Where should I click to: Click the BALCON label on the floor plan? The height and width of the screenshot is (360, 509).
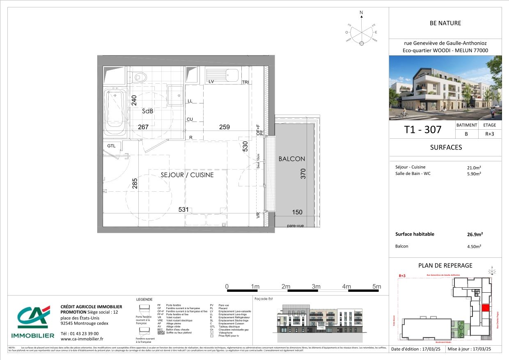pyautogui.click(x=291, y=159)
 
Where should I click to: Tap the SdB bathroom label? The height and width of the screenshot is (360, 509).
pyautogui.click(x=148, y=111)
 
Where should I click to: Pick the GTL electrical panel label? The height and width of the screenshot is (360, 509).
pyautogui.click(x=111, y=146)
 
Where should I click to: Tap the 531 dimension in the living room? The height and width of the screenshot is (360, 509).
pyautogui.click(x=183, y=210)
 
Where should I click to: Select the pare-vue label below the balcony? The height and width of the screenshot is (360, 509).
pyautogui.click(x=295, y=226)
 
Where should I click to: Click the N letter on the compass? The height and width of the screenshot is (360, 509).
pyautogui.click(x=361, y=13)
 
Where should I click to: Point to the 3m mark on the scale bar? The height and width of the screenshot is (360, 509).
pyautogui.click(x=316, y=287)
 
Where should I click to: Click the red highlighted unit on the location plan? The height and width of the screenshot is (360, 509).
pyautogui.click(x=485, y=308)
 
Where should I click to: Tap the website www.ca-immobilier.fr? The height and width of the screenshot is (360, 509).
pyautogui.click(x=82, y=339)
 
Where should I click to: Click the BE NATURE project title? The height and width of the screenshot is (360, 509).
pyautogui.click(x=445, y=23)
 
